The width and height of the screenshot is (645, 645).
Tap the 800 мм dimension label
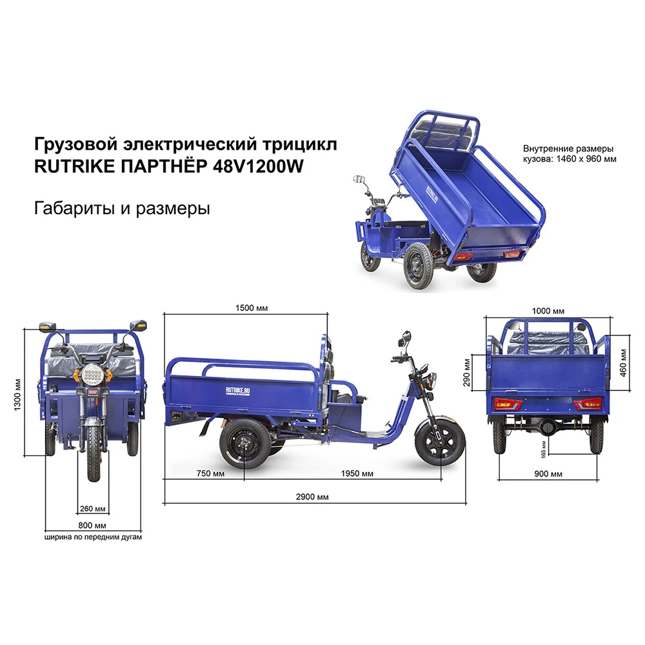tap(94, 525)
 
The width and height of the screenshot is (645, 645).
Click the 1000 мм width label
tap(550, 311)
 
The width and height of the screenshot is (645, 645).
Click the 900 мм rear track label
tap(548, 474)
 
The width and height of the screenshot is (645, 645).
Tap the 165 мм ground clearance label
tap(544, 450)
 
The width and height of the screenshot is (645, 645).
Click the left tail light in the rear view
tap(508, 404)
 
